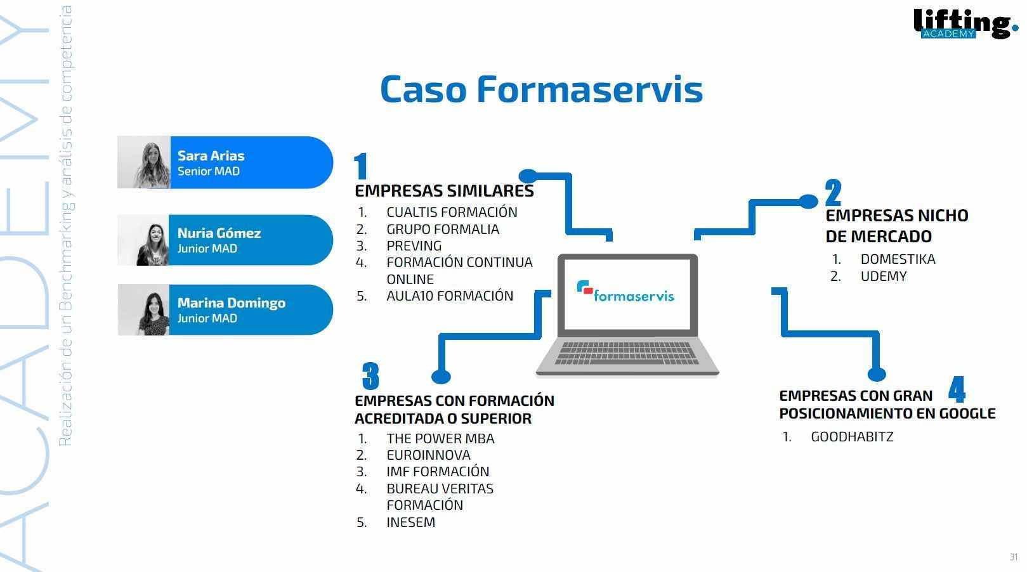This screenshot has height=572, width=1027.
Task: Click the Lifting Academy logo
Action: (x=965, y=23)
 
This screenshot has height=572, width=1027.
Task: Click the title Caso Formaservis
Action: (x=541, y=89)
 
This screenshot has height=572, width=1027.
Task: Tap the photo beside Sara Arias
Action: (x=144, y=162)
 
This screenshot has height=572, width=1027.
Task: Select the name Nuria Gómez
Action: (x=219, y=233)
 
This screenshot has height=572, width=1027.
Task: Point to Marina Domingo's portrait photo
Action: (x=144, y=310)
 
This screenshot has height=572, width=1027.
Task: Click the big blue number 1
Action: (x=361, y=166)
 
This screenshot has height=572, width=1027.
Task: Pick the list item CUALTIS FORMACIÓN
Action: (x=452, y=212)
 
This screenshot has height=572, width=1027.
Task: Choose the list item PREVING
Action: (x=414, y=245)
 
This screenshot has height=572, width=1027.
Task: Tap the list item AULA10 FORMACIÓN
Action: (x=450, y=296)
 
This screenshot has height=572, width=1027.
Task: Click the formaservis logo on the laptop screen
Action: (x=625, y=292)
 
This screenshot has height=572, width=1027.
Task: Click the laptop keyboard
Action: (x=627, y=353)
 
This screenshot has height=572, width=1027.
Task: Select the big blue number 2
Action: (x=833, y=192)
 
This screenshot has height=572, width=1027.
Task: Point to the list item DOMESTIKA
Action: (x=898, y=259)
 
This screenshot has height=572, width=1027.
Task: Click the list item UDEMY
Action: (x=884, y=276)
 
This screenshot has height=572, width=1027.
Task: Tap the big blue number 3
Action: (x=370, y=375)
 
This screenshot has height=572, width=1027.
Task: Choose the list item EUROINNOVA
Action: (x=428, y=455)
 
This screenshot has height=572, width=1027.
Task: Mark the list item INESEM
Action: (x=410, y=522)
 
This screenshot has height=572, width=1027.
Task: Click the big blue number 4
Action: (x=957, y=389)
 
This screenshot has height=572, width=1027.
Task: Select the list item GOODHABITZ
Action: (x=852, y=436)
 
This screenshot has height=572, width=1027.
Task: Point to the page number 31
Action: (x=1013, y=557)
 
